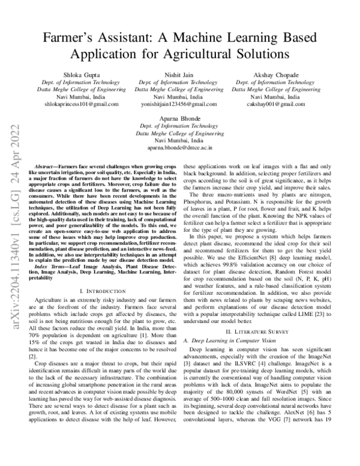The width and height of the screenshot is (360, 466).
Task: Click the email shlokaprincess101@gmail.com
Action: pos(83,103)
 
